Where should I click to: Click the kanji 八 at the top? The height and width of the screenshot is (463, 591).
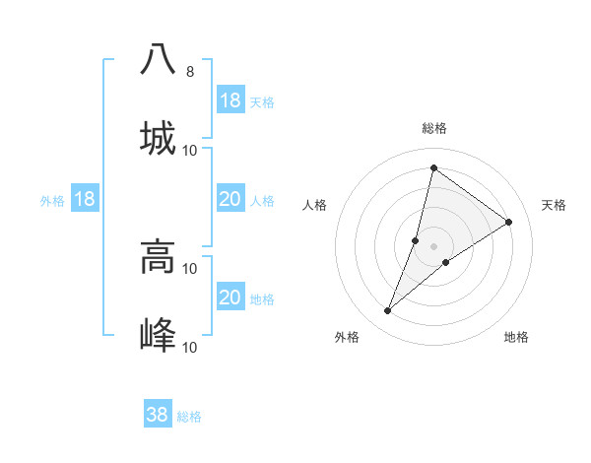tap(158, 59)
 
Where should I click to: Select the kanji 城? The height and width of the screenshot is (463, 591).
tap(158, 138)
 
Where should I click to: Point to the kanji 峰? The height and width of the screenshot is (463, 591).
tap(158, 335)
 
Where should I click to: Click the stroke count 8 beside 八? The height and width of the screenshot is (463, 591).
tap(189, 72)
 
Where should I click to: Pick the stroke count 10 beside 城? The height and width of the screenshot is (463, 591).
tap(190, 151)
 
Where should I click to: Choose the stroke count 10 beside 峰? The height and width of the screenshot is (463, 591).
tap(190, 347)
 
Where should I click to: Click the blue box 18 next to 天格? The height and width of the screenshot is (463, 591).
tap(230, 100)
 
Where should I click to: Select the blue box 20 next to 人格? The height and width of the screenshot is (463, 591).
tap(230, 199)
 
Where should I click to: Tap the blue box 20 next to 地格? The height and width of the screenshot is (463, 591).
tap(230, 298)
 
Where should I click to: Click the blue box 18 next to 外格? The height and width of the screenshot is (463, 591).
tap(85, 199)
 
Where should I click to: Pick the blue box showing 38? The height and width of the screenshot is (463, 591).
tap(158, 415)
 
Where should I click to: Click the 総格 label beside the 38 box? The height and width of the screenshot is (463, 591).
tap(190, 417)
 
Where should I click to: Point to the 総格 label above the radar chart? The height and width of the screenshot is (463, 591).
tap(434, 128)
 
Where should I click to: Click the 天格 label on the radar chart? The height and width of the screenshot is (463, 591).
tap(554, 205)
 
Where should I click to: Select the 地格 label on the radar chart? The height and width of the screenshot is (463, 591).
tap(516, 337)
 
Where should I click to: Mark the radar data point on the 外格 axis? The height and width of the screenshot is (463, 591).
tap(388, 311)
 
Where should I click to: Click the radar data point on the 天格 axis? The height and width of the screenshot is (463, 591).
tap(509, 222)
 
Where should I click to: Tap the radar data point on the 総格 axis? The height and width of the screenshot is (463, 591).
tap(433, 167)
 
